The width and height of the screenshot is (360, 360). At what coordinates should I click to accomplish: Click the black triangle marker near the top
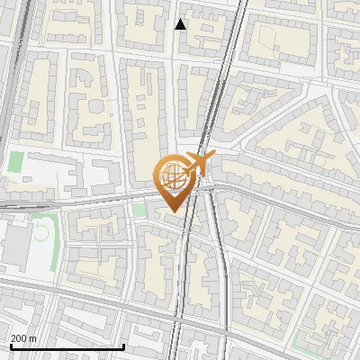coord(181,24)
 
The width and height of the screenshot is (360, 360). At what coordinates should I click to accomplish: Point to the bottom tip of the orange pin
coord(173,212)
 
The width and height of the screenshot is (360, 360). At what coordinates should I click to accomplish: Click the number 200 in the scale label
coord(19,338)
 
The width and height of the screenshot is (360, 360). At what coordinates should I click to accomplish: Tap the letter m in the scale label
coord(33,338)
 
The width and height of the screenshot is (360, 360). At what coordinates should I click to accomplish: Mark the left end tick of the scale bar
coord(10,346)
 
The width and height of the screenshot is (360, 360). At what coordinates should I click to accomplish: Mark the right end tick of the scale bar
coord(123,346)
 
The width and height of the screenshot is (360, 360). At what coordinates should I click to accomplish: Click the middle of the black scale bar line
coord(67,346)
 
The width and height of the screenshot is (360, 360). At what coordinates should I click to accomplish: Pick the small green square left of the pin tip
coord(139,209)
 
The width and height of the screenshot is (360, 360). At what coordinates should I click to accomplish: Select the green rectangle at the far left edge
coord(16,163)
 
